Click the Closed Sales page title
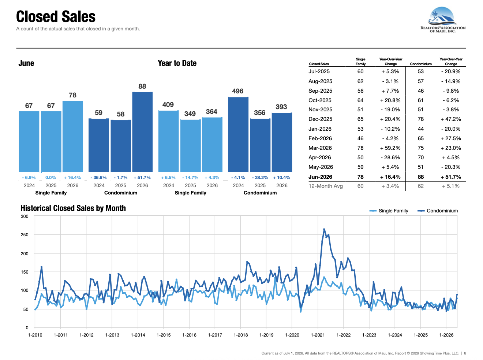56,16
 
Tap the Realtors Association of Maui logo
443,20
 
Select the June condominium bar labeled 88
142,132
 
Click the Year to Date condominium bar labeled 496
238,134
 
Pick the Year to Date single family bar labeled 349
190,145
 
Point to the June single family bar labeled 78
72,136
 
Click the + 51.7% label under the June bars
142,178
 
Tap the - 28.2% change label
260,178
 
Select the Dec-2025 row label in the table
320,119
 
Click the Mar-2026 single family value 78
360,148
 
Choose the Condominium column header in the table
420,64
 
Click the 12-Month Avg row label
325,186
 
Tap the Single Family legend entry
389,211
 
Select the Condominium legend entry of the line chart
438,211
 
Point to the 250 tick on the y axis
25,235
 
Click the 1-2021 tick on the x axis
318,335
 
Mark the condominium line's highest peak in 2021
324,229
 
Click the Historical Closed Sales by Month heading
73,208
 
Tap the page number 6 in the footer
465,353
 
